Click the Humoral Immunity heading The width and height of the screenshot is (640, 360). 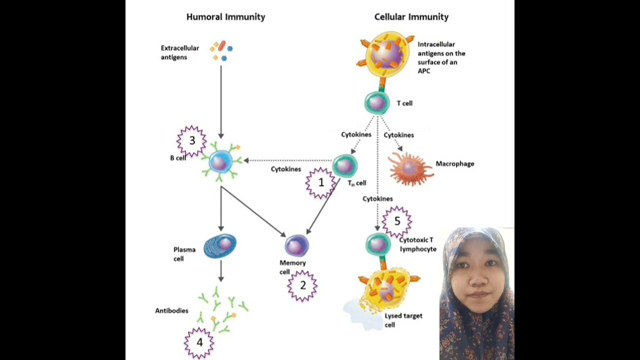tap(225, 17)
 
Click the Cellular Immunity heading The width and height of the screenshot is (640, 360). tap(411, 17)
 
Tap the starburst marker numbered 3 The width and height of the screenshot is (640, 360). tap(192, 141)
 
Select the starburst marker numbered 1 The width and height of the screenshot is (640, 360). tap(321, 183)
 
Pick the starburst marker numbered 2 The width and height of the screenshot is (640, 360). tap(302, 285)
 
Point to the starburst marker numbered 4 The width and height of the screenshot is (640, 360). tap(199, 343)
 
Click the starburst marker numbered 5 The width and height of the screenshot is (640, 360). tap(397, 221)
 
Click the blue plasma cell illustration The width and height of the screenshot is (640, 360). tap(220, 246)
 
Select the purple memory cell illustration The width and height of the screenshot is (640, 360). tap(297, 245)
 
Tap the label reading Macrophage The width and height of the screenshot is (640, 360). tap(454, 163)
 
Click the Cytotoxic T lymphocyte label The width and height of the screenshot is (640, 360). tap(417, 244)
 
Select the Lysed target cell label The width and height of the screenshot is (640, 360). tap(403, 320)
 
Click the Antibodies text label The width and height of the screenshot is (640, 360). tap(171, 310)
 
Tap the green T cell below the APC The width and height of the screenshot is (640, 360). tap(377, 103)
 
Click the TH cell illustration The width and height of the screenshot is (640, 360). tap(344, 165)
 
